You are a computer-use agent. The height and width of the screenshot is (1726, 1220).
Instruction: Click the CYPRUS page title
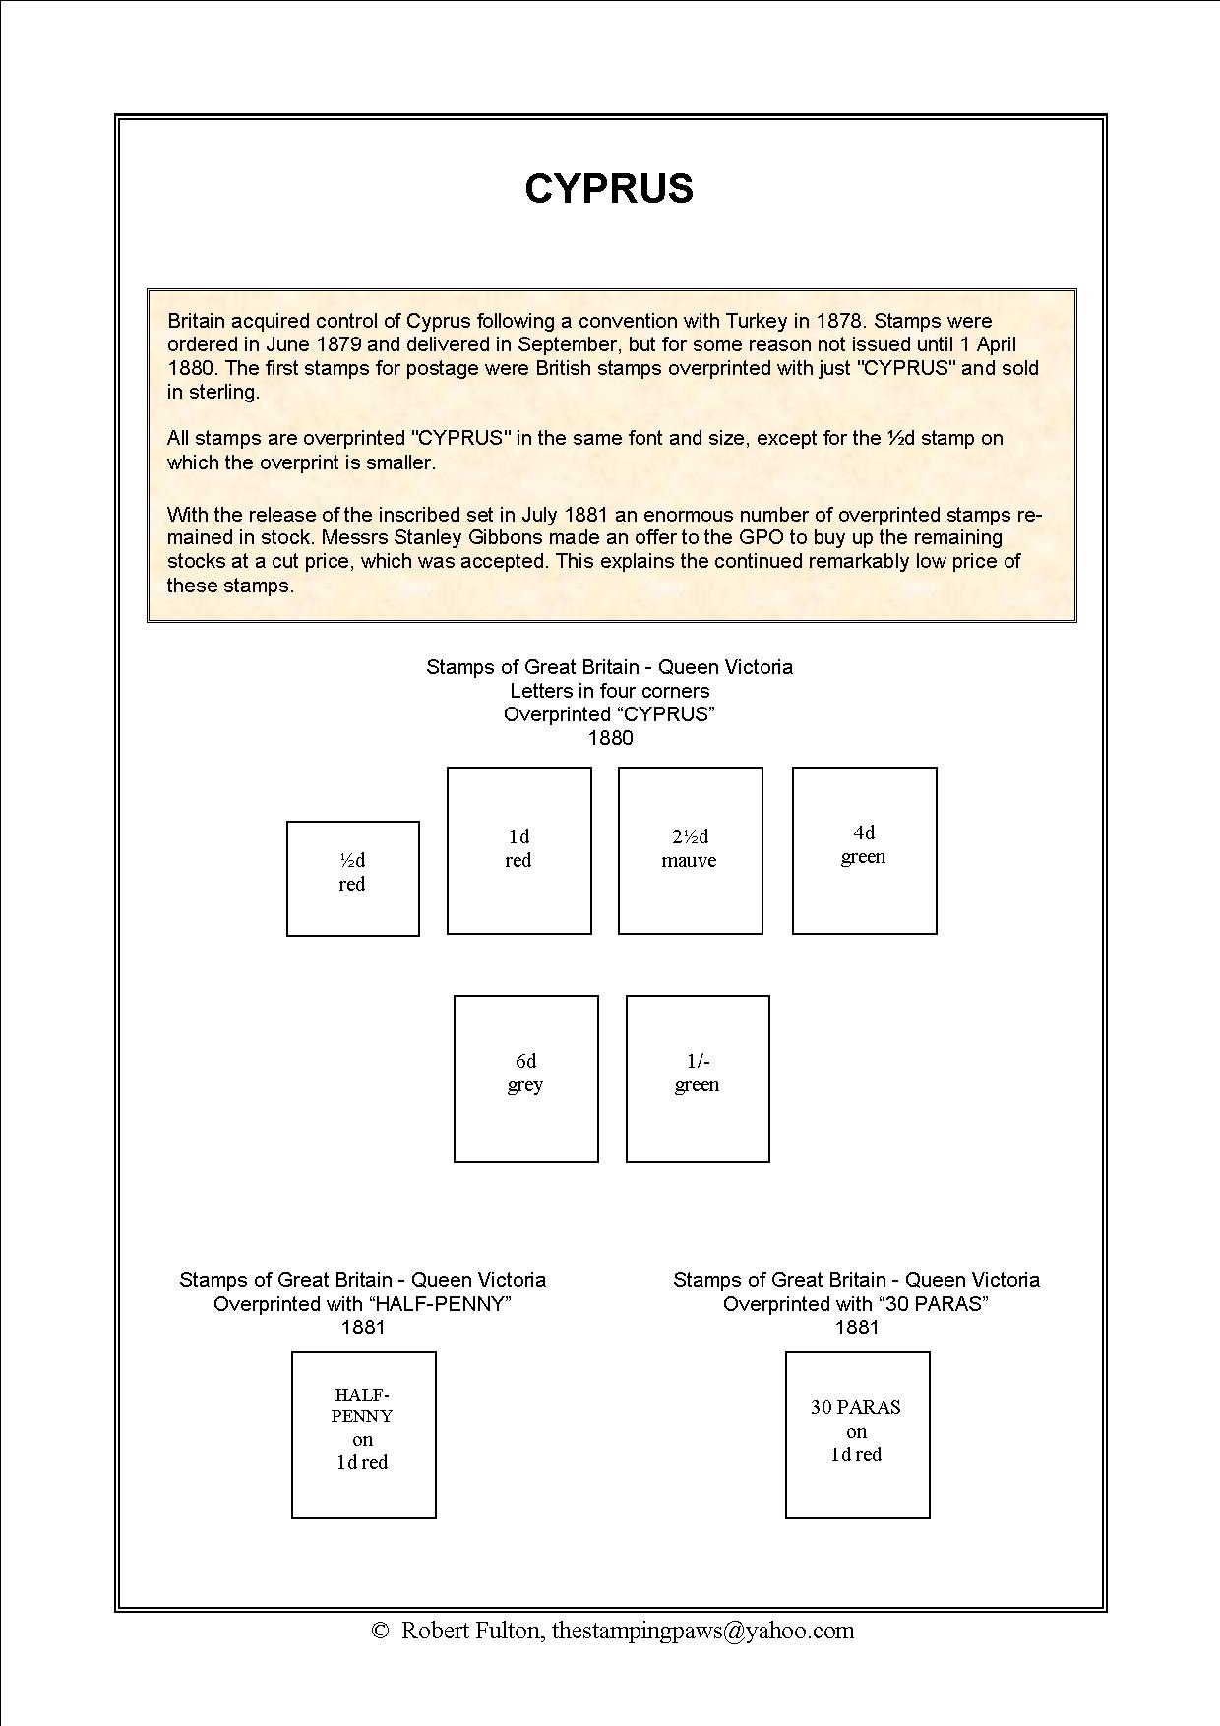[609, 188]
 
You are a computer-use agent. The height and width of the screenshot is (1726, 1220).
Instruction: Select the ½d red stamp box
[352, 878]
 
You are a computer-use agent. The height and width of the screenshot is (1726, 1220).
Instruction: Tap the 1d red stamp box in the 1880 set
[518, 850]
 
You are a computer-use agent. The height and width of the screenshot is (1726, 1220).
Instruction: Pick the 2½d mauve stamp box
[690, 850]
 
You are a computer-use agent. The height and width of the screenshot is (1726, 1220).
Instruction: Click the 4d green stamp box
[864, 850]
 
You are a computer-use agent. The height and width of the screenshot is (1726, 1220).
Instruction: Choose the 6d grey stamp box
[525, 1079]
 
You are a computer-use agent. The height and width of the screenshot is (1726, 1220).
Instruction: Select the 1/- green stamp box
[697, 1079]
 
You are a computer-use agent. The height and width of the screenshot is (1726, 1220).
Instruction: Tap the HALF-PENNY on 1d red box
[363, 1435]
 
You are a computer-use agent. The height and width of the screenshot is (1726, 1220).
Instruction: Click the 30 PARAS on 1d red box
[857, 1435]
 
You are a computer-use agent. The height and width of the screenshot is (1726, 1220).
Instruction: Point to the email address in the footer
[702, 1631]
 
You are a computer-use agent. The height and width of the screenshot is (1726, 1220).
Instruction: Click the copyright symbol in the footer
[381, 1632]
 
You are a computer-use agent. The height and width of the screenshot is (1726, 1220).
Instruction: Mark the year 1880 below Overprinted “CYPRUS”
[610, 738]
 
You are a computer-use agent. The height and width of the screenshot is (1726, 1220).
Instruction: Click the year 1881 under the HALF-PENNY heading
[363, 1327]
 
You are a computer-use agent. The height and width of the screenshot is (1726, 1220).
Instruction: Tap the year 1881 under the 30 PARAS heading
[857, 1327]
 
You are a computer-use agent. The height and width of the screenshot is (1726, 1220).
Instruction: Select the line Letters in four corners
[609, 691]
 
